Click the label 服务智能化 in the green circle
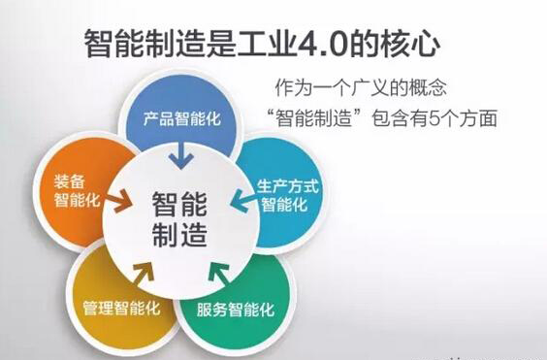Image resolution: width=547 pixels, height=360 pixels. [x=237, y=311]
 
